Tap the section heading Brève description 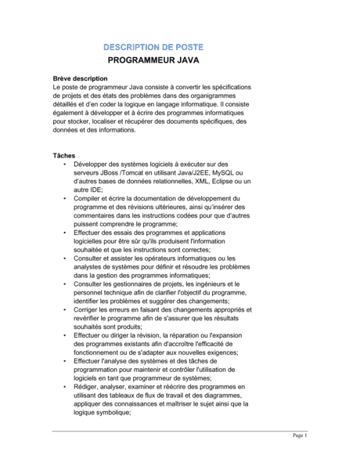click(x=79, y=79)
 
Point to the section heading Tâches click(x=64, y=155)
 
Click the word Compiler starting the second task click(x=89, y=199)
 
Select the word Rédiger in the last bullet click(x=88, y=387)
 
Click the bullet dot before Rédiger click(x=64, y=387)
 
